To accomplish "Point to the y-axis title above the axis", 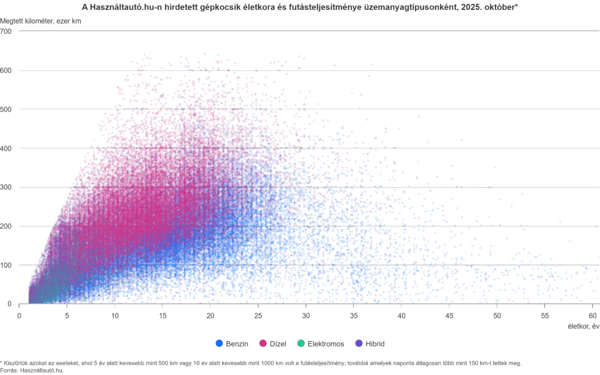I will [x=42, y=20].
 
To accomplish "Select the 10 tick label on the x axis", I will [x=115, y=316].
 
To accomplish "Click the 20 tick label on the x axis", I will [x=210, y=316].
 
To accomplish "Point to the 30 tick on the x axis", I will [x=306, y=316].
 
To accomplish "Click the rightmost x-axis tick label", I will [x=593, y=316].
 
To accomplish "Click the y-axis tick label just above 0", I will [x=7, y=264].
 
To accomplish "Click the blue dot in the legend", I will [x=218, y=343].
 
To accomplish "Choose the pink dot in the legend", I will [x=262, y=343].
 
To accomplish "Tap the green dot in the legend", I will [x=300, y=343].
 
